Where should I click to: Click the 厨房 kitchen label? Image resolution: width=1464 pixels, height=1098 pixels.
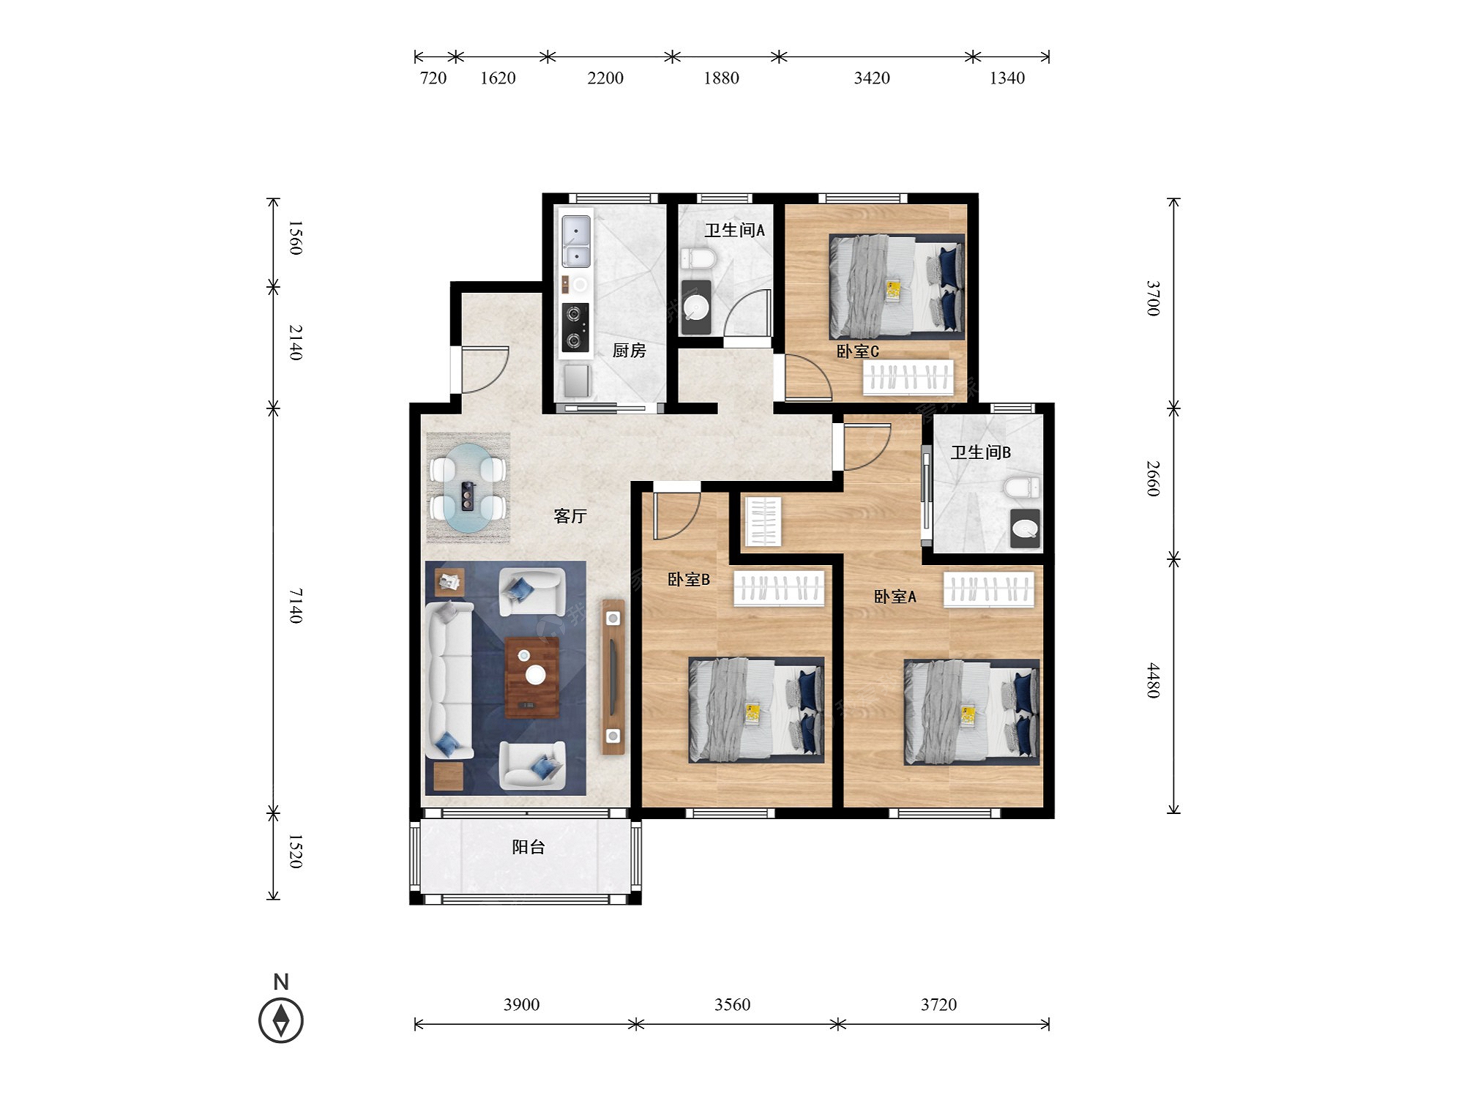(x=629, y=351)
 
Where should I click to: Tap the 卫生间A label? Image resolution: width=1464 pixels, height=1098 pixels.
(x=734, y=231)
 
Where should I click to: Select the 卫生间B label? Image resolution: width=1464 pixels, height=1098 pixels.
(x=980, y=452)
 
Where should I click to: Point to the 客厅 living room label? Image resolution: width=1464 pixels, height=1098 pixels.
(x=570, y=516)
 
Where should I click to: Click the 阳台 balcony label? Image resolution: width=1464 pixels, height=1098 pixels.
(x=529, y=847)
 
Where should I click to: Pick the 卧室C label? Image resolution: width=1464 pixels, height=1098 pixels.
(x=857, y=351)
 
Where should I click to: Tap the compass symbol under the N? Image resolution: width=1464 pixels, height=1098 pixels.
(x=281, y=1020)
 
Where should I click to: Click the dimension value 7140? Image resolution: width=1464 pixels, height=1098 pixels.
(x=295, y=605)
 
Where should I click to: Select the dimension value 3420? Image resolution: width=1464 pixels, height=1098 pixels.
(x=872, y=78)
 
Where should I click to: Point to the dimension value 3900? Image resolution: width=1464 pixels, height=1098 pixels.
(x=521, y=1004)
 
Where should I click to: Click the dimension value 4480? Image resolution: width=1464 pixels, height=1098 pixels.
(x=1153, y=680)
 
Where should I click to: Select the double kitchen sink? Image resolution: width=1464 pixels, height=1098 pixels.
(x=576, y=241)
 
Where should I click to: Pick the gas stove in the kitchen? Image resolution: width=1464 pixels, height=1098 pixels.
(x=575, y=327)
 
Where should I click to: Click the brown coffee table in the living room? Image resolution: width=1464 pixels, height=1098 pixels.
(x=532, y=677)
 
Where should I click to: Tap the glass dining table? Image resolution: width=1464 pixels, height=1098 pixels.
(x=468, y=488)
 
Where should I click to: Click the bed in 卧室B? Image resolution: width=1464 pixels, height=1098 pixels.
(x=756, y=710)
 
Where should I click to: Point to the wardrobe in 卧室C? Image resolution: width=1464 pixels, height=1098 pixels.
(x=908, y=377)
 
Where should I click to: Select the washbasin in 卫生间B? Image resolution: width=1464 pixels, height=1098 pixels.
(x=1025, y=529)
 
